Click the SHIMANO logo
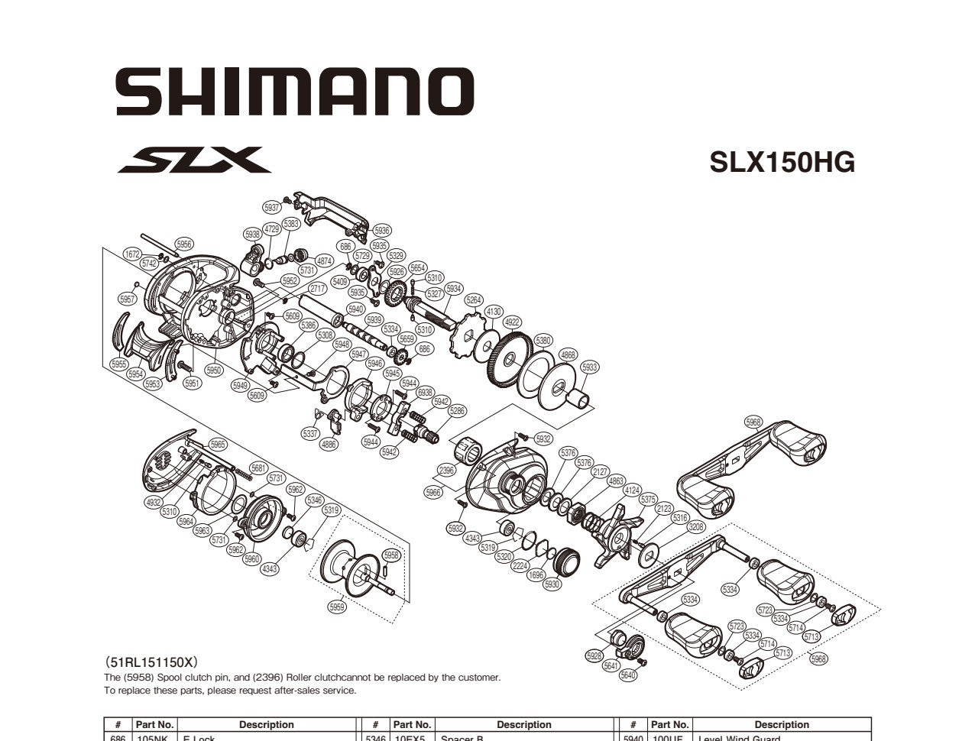click(x=295, y=91)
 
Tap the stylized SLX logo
click(x=194, y=160)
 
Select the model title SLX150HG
click(x=782, y=162)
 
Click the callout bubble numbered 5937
click(x=271, y=208)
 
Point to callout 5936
click(x=381, y=231)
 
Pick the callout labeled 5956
click(x=184, y=244)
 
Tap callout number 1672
click(x=132, y=254)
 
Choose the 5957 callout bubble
click(x=128, y=299)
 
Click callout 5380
click(x=543, y=341)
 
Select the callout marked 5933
click(x=590, y=367)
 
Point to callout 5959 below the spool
click(x=337, y=607)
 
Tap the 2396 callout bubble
click(x=447, y=471)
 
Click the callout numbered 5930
click(x=552, y=584)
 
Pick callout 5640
click(x=628, y=675)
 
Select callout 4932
click(x=154, y=502)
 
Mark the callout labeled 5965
click(x=218, y=445)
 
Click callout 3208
click(x=696, y=527)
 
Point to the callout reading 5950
click(x=213, y=370)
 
